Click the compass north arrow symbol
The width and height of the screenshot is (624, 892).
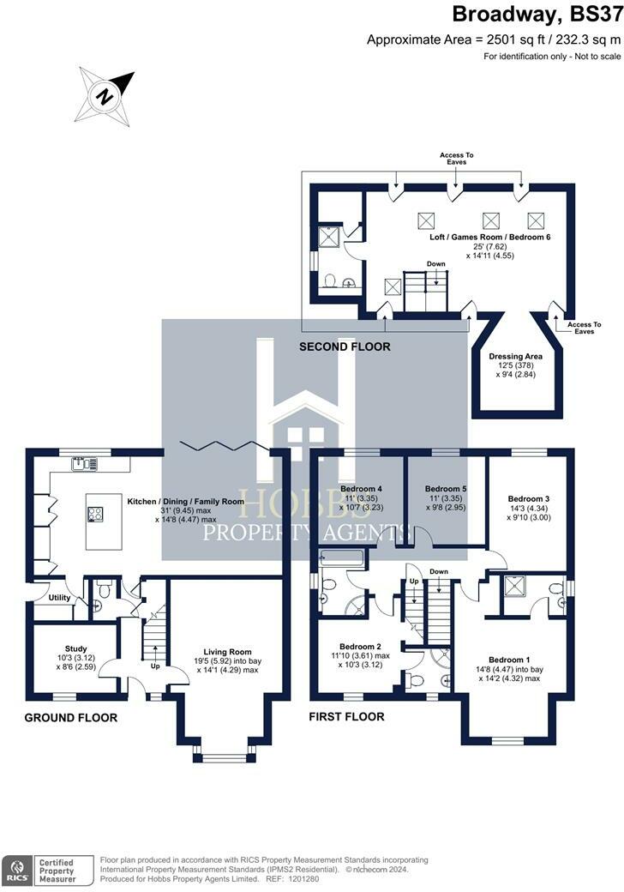point(105,95)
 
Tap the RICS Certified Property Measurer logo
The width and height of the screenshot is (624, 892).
point(43,868)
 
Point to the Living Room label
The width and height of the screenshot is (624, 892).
point(226,652)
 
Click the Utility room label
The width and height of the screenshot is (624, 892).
point(59,598)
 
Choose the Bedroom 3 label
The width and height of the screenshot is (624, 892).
point(528,498)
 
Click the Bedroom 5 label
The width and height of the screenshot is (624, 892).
point(446,488)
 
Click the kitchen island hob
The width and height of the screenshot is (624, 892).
point(94,515)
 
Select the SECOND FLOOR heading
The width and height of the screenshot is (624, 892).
point(345,347)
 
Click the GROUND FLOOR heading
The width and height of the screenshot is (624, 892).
point(70,717)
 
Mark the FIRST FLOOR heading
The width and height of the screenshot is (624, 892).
point(346,716)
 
